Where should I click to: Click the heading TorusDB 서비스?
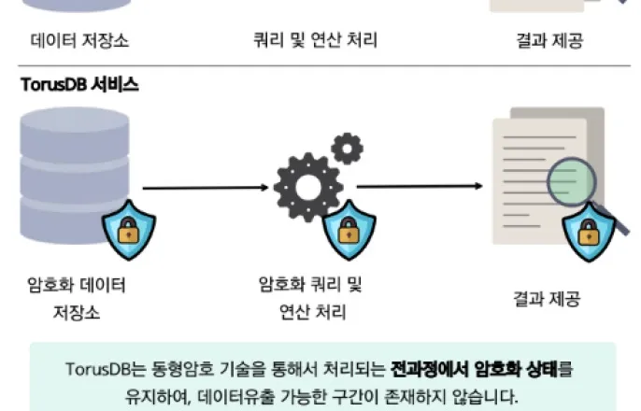click(80, 85)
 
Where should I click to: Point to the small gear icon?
click(347, 148)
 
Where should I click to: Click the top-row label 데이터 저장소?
click(77, 41)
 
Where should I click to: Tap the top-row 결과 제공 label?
click(547, 41)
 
